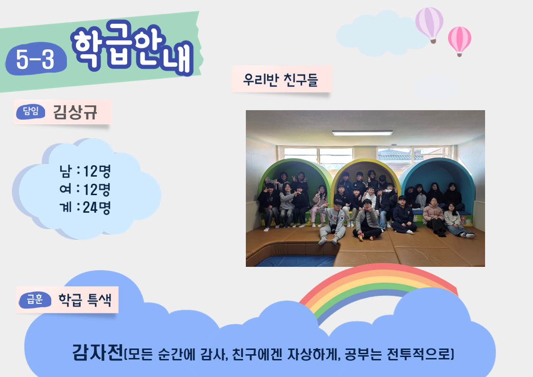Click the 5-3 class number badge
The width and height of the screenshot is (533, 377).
tap(36, 59)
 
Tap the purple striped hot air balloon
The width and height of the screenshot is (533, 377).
tap(430, 25)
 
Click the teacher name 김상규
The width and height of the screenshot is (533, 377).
tap(75, 112)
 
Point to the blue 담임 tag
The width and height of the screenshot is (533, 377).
tap(30, 112)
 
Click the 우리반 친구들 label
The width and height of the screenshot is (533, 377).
tap(281, 80)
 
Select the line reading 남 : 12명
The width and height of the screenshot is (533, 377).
tap(85, 171)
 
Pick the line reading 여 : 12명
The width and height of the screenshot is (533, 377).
tap(85, 189)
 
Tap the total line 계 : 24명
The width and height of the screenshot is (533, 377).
tap(85, 207)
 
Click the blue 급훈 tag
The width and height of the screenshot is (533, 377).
tap(35, 300)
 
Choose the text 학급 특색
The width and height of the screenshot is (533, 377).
tap(85, 300)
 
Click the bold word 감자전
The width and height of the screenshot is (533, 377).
tap(97, 352)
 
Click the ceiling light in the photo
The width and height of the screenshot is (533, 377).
tap(362, 133)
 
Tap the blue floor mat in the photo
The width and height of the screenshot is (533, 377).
tap(295, 261)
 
